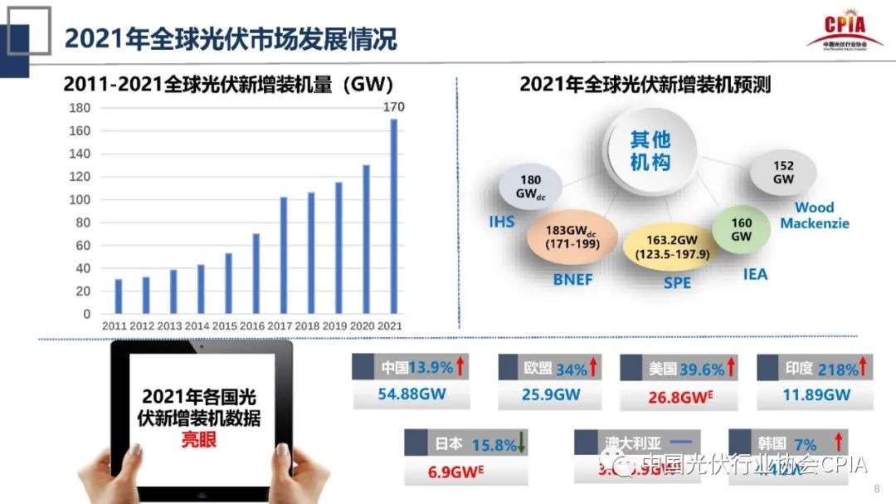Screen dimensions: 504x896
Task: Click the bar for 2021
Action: pyautogui.click(x=393, y=216)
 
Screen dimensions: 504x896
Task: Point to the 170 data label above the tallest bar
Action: pyautogui.click(x=393, y=107)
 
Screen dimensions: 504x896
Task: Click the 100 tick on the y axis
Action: pyautogui.click(x=80, y=199)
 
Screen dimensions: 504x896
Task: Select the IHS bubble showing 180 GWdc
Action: pyautogui.click(x=530, y=188)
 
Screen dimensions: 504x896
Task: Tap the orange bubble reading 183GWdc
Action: pyautogui.click(x=572, y=237)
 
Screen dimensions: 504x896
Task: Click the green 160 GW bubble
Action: pyautogui.click(x=741, y=229)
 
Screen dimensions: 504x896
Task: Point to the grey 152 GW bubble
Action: pyautogui.click(x=782, y=172)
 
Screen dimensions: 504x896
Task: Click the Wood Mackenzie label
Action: pyautogui.click(x=814, y=216)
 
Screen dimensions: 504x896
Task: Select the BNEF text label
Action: pyautogui.click(x=572, y=280)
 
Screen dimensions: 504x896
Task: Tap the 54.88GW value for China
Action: pyautogui.click(x=411, y=394)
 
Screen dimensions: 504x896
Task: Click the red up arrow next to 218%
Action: pyautogui.click(x=864, y=366)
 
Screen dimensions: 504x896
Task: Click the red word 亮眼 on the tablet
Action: pyautogui.click(x=199, y=439)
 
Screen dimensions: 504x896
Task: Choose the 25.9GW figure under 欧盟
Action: pyautogui.click(x=551, y=394)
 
